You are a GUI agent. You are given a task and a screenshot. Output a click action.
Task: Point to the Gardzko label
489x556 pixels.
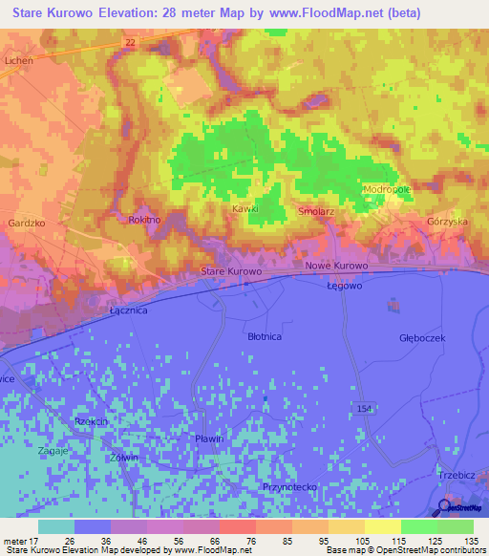26,223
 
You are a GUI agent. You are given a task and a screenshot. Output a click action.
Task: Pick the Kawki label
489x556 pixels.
245,208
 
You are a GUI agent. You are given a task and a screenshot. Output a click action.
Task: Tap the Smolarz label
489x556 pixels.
315,211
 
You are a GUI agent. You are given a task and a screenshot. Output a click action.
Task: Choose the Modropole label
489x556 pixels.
387,189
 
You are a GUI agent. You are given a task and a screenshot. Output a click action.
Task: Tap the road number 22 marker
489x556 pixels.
130,42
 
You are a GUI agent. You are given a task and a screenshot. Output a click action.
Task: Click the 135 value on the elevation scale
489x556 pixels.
471,541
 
